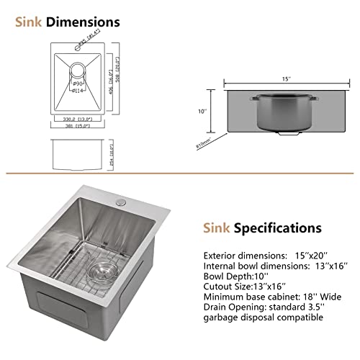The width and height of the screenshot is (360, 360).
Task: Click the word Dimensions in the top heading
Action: (x=83, y=22)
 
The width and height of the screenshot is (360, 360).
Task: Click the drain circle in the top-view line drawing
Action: (x=78, y=71)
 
